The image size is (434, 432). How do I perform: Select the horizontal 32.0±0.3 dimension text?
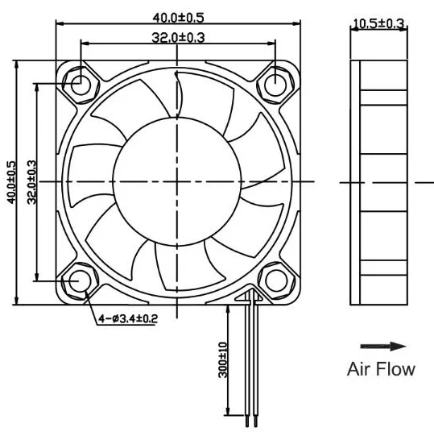[178, 37]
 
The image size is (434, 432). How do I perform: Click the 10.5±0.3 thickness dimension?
[378, 24]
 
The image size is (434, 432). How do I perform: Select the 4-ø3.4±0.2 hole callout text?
[128, 319]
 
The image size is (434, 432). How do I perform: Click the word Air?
[360, 370]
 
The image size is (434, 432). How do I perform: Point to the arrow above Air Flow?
[382, 347]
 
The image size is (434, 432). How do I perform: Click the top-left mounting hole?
[82, 83]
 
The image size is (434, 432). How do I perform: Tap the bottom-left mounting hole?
[82, 280]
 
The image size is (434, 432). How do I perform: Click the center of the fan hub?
[179, 182]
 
